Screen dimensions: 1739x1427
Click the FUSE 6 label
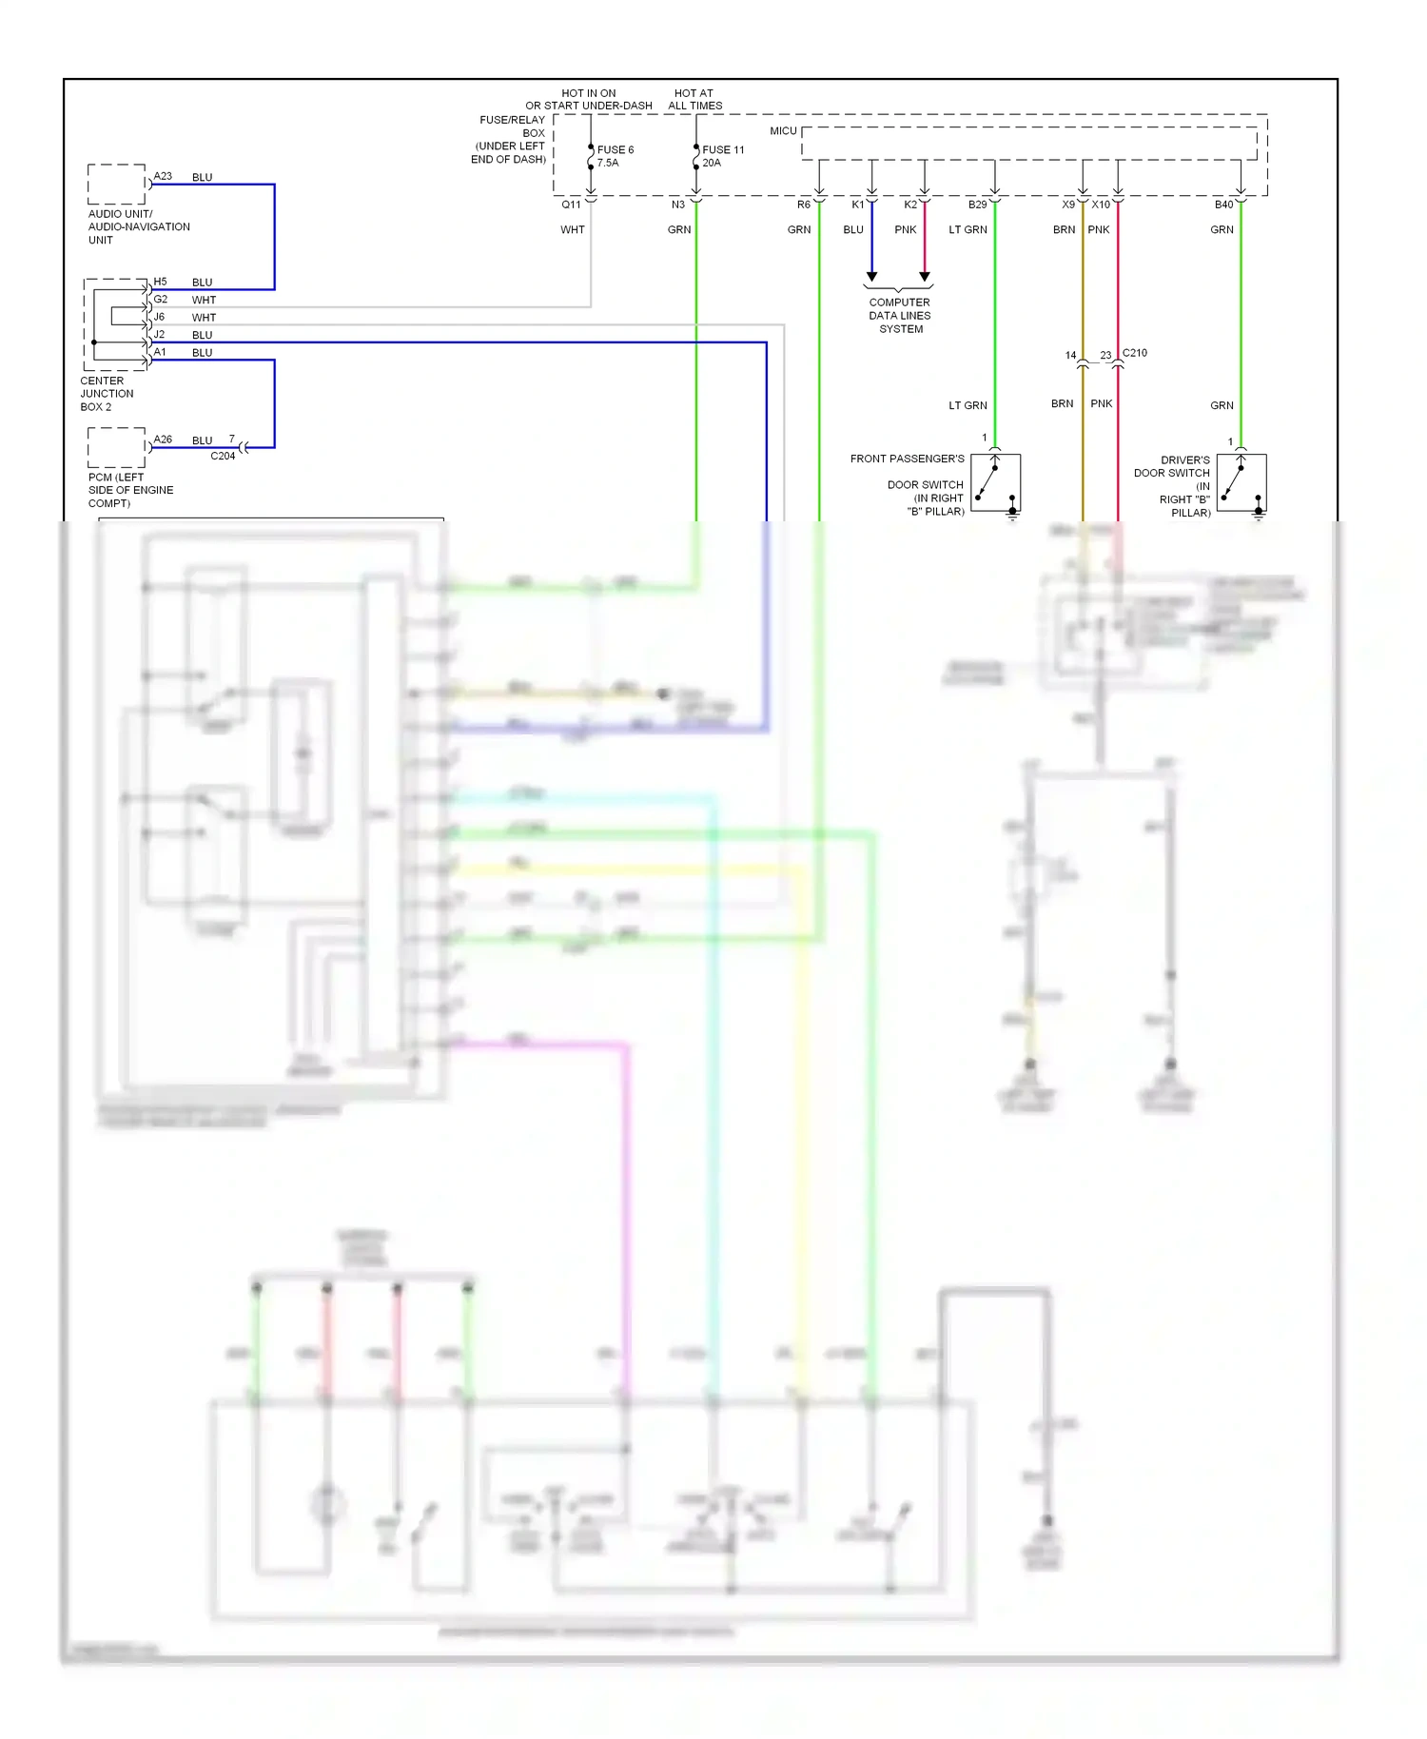[x=615, y=149]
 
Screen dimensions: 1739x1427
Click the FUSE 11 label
[x=723, y=149]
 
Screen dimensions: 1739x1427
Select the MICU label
[x=783, y=130]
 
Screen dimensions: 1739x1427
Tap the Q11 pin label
[x=571, y=205]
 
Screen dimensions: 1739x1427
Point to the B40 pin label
[x=1223, y=205]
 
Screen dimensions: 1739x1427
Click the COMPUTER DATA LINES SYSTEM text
[x=900, y=316]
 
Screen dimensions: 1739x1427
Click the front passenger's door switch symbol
[x=995, y=483]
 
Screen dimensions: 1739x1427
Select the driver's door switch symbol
[x=1241, y=483]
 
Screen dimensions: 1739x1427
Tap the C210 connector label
[x=1135, y=353]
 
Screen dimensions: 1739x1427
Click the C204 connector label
[x=223, y=456]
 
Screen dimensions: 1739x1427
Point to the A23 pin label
[x=163, y=176]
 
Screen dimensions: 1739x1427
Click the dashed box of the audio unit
[x=117, y=185]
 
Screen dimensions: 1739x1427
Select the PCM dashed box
[x=117, y=448]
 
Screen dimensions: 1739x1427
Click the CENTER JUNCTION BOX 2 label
[x=107, y=394]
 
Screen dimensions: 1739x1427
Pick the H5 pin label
[x=160, y=282]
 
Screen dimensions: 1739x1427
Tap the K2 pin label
[x=910, y=205]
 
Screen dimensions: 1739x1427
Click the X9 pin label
[x=1068, y=205]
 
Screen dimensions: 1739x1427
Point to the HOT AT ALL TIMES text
[x=694, y=99]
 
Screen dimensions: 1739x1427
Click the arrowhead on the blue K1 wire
[x=871, y=277]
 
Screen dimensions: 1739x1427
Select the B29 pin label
[x=977, y=205]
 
